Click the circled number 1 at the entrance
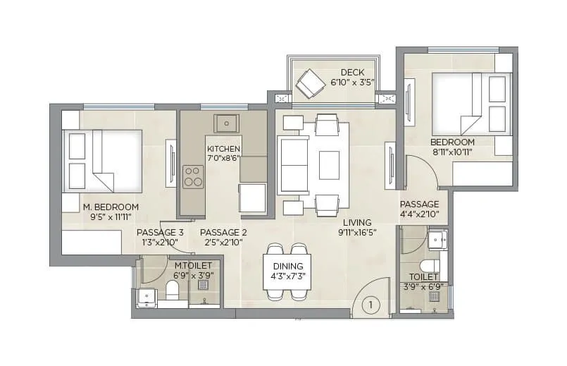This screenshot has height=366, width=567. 370,305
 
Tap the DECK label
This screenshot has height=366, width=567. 351,73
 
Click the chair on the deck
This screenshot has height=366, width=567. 309,84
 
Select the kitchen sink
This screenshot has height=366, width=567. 227,123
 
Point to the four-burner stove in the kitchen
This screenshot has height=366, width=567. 192,176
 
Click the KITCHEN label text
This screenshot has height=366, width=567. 223,150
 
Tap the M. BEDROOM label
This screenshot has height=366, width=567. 111,207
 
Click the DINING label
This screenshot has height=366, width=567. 288,266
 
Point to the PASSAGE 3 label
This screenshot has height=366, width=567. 160,232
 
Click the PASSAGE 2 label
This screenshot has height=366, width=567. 223,232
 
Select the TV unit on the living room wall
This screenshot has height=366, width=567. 389,161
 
